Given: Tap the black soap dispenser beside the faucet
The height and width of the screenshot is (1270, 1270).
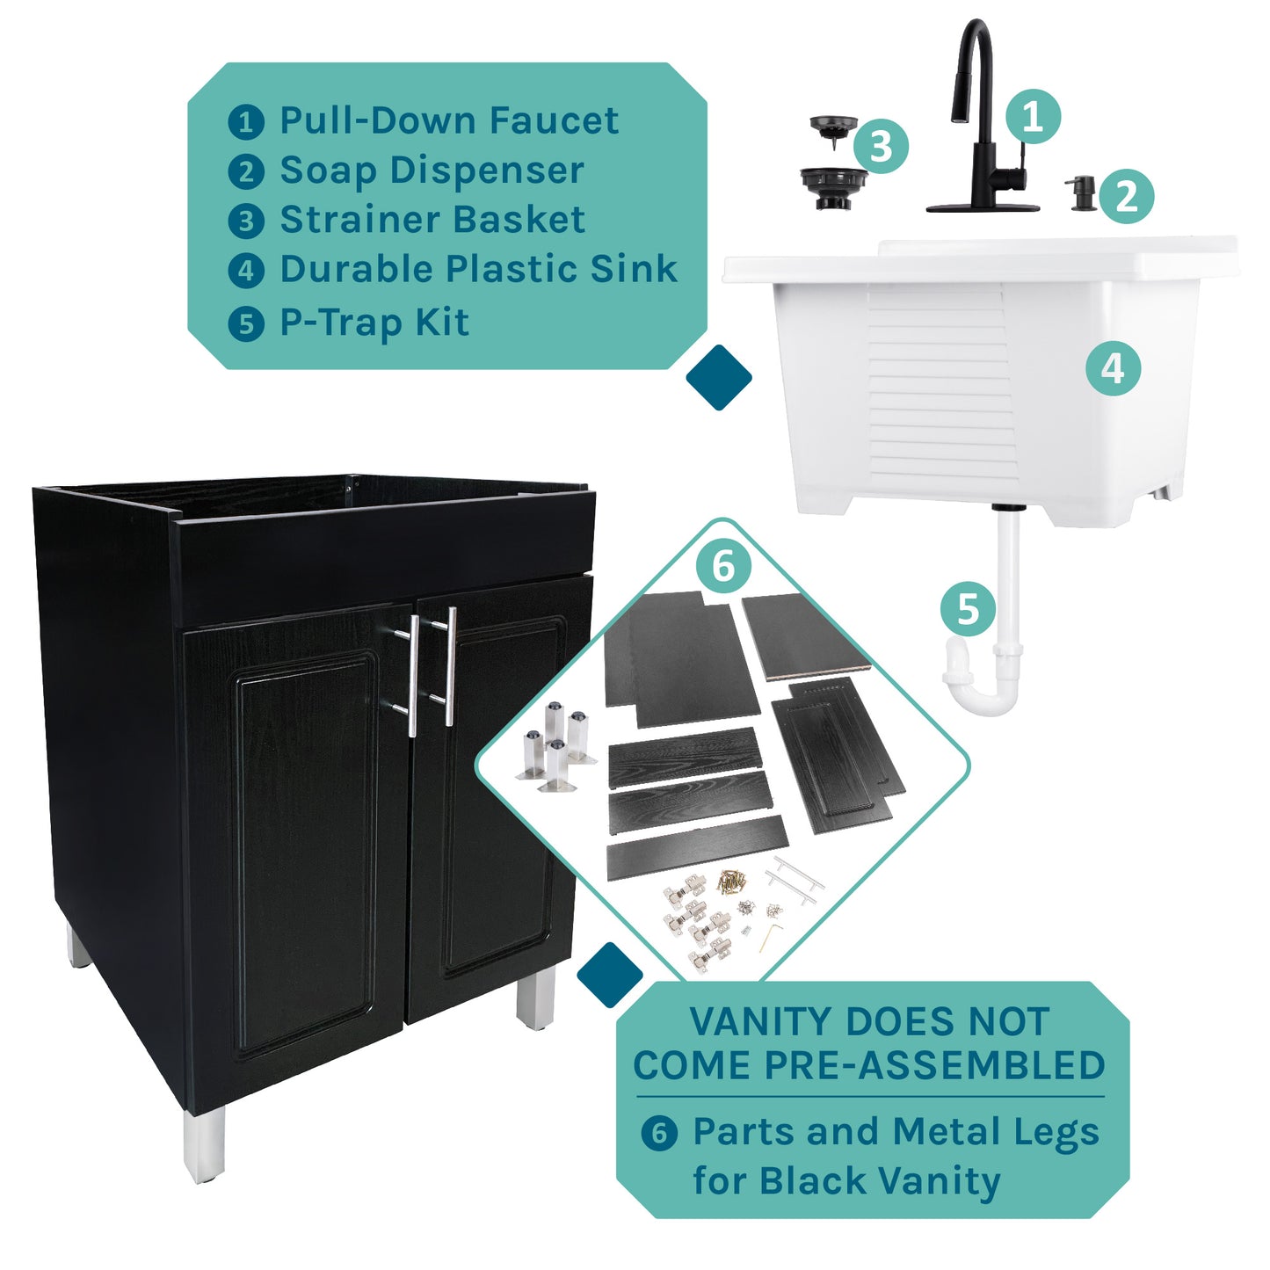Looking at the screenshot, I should click(1081, 192).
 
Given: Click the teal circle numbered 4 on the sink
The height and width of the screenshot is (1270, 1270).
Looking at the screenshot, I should click(1113, 368).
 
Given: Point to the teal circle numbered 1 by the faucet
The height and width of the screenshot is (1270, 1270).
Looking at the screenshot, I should click(1033, 116).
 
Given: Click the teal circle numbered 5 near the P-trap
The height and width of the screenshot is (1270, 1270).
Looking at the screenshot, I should click(968, 608).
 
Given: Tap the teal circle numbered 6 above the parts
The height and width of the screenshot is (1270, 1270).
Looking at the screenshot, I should click(723, 566).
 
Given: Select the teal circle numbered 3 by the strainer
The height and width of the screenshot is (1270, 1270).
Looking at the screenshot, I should click(881, 146).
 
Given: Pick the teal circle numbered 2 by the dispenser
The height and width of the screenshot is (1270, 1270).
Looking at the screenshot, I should click(1126, 195).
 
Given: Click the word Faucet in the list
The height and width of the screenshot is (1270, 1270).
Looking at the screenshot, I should click(554, 121).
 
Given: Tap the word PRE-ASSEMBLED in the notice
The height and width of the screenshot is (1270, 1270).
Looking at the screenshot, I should click(934, 1065).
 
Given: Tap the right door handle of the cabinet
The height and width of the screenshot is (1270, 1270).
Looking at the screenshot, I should click(449, 665).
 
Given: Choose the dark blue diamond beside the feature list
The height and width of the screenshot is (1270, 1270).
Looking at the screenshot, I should click(718, 377).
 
